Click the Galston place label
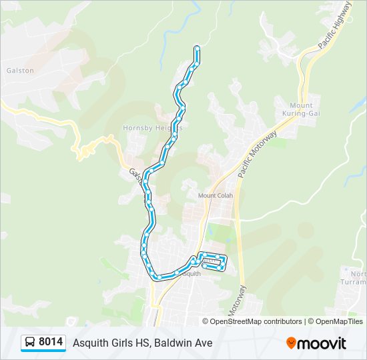click(x=20, y=70)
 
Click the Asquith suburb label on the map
click(x=190, y=273)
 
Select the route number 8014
click(x=51, y=343)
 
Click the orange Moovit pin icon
click(x=291, y=343)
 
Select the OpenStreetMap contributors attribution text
click(x=256, y=321)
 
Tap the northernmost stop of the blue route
click(x=197, y=47)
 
